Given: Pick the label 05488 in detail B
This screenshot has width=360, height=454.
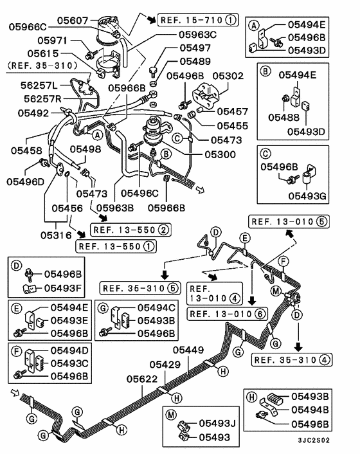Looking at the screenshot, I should click(278, 116).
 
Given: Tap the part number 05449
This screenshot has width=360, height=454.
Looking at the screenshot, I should click(188, 350).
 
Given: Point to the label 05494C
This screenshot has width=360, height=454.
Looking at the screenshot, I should click(152, 308).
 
